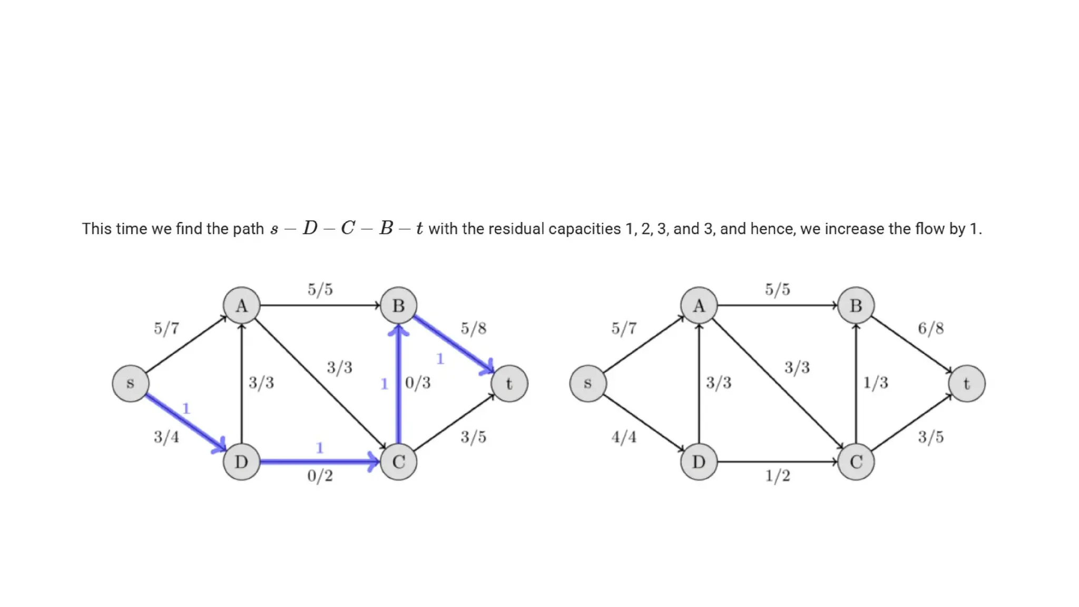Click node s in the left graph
131,384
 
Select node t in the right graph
966,384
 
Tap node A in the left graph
241,306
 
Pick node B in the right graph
856,306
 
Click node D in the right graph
699,462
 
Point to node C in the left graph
398,462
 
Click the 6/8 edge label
930,329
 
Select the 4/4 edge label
624,437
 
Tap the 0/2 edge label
320,476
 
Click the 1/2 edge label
778,476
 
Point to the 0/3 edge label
418,383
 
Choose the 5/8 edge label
473,329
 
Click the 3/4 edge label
166,437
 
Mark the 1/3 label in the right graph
875,383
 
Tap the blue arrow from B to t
453,344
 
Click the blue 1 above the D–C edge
319,448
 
